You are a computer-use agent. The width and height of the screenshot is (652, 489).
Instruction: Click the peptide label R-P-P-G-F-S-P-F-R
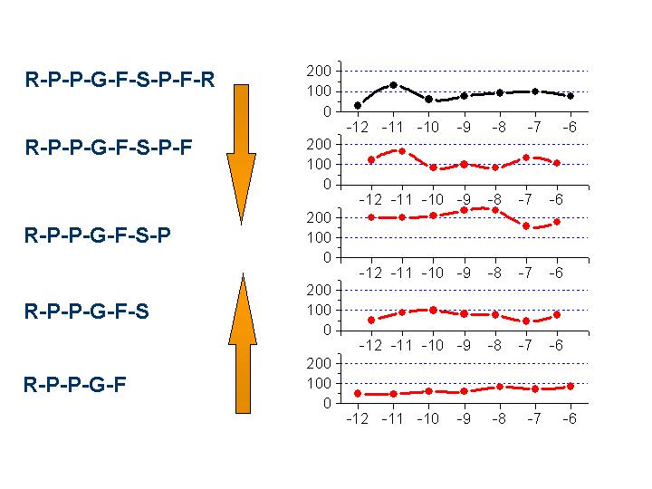click(x=120, y=79)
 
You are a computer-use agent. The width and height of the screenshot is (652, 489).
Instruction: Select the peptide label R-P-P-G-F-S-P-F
click(x=109, y=148)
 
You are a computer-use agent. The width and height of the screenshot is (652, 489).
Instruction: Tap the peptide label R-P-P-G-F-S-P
click(x=98, y=235)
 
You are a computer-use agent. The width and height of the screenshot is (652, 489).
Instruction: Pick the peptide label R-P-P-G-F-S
click(x=87, y=312)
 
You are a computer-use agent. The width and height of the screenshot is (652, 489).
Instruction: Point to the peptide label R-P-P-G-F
click(x=75, y=384)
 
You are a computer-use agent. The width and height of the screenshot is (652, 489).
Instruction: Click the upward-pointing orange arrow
click(x=241, y=344)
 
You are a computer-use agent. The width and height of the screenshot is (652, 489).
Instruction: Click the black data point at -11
click(x=393, y=85)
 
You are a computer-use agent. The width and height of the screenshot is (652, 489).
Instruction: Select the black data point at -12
click(x=358, y=106)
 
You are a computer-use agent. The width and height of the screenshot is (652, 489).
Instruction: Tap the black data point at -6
click(x=570, y=96)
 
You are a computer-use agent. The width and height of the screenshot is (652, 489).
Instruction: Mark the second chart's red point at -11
click(x=402, y=151)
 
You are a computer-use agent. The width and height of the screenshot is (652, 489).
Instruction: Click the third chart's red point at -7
click(x=526, y=225)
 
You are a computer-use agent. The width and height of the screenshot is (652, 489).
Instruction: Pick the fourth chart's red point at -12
click(x=371, y=320)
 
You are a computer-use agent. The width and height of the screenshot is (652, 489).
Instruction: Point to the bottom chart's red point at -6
click(x=570, y=386)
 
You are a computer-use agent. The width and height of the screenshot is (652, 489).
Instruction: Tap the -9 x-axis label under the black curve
click(x=464, y=127)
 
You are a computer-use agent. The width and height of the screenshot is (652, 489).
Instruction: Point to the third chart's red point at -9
click(x=464, y=210)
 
